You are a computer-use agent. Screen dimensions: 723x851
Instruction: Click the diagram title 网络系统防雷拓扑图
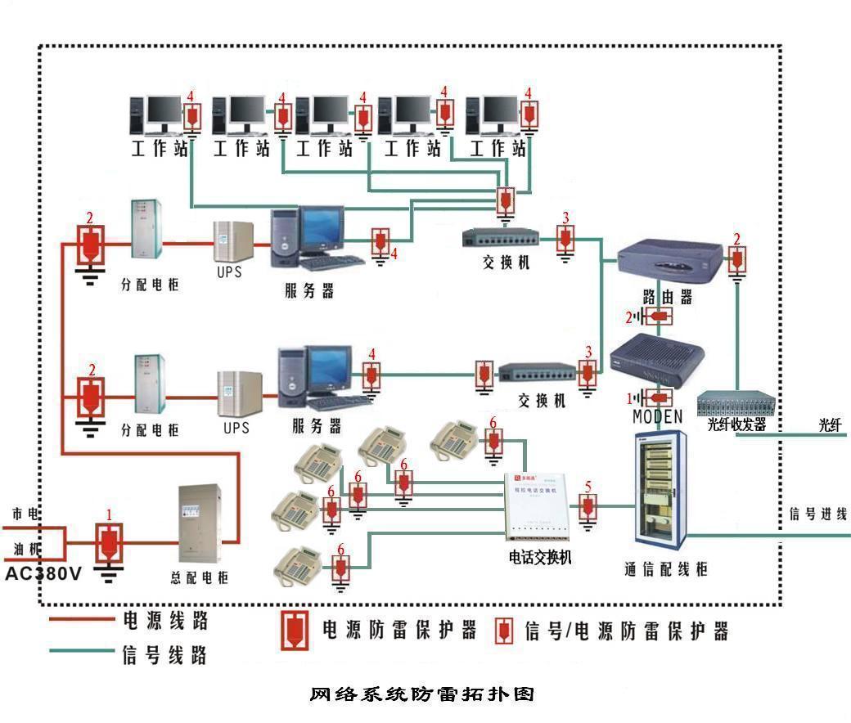422,694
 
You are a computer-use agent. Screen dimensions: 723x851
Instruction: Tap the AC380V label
43,574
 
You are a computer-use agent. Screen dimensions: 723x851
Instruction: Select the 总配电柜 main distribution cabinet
200,524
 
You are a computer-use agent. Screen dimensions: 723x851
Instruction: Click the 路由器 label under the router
667,298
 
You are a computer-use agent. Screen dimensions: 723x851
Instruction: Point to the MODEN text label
657,417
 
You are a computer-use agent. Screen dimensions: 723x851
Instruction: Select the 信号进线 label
817,514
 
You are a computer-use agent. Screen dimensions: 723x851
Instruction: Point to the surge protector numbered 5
588,508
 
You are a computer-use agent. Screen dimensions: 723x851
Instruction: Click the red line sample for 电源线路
81,620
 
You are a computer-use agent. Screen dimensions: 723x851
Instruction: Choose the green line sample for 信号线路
81,651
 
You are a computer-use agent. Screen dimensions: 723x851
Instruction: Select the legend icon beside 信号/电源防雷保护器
506,630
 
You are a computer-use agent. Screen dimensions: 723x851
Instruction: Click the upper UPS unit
229,241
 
